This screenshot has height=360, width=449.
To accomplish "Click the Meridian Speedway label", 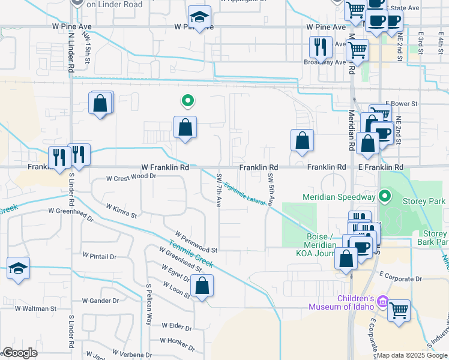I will click(x=339, y=196).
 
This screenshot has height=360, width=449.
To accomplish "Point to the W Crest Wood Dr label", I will click(x=131, y=178).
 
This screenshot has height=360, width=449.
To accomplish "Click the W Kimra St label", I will click(x=121, y=210).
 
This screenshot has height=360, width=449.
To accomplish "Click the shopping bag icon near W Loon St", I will click(x=202, y=287).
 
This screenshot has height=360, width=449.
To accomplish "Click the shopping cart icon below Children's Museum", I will click(x=399, y=311).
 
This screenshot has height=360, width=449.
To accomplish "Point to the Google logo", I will click(x=19, y=352).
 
